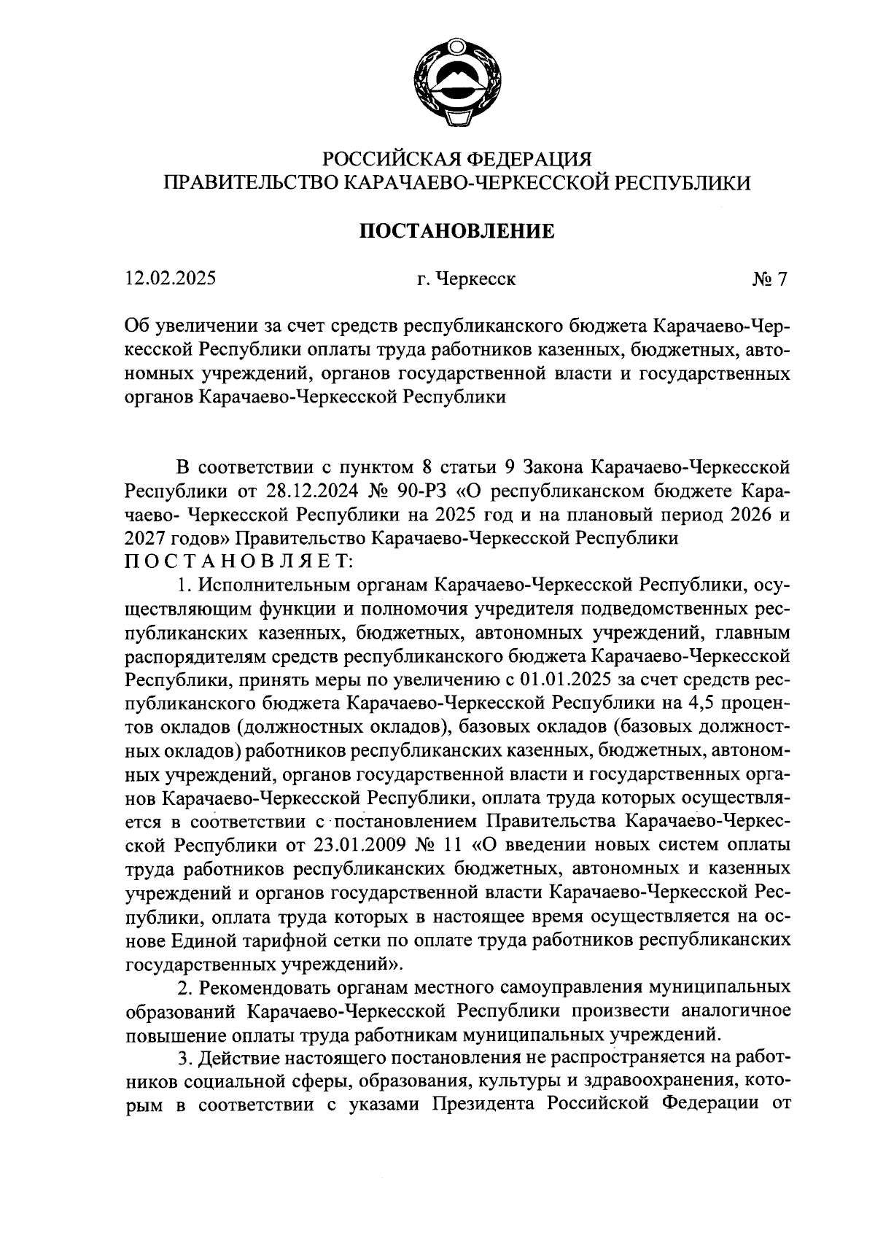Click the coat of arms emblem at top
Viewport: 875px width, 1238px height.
pos(457,82)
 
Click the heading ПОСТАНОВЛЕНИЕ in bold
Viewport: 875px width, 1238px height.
pos(457,231)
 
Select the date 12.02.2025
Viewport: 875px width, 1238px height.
pos(170,279)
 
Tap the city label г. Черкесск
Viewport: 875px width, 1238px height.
pos(462,279)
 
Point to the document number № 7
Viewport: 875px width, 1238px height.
pos(770,279)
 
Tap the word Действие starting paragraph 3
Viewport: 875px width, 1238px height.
pos(244,1057)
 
